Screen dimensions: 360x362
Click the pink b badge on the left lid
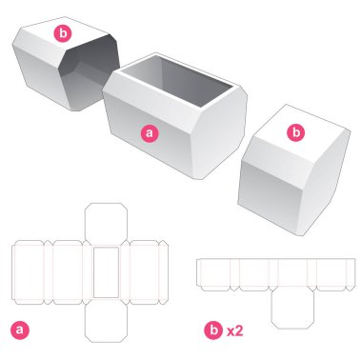click(64, 34)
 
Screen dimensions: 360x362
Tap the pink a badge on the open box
click(149, 133)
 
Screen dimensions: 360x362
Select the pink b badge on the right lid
click(295, 131)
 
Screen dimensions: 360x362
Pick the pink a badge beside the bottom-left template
click(18, 330)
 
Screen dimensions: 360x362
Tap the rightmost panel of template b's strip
click(333, 273)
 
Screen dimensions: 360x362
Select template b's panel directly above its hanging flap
click(294, 273)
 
